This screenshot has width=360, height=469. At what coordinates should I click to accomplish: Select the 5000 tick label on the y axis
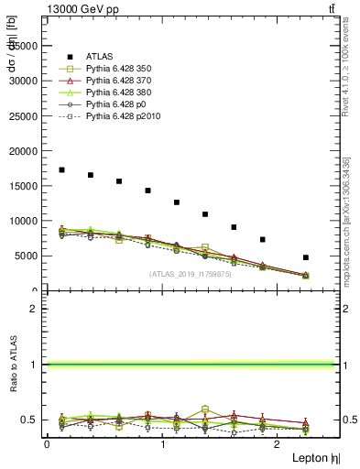pyautogui.click(x=28, y=256)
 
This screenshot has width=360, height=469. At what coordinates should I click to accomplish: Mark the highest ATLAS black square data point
pyautogui.click(x=61, y=169)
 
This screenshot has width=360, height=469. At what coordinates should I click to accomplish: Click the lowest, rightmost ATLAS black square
pyautogui.click(x=306, y=257)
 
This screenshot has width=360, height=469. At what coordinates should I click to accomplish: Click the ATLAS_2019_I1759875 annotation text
pyautogui.click(x=191, y=273)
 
